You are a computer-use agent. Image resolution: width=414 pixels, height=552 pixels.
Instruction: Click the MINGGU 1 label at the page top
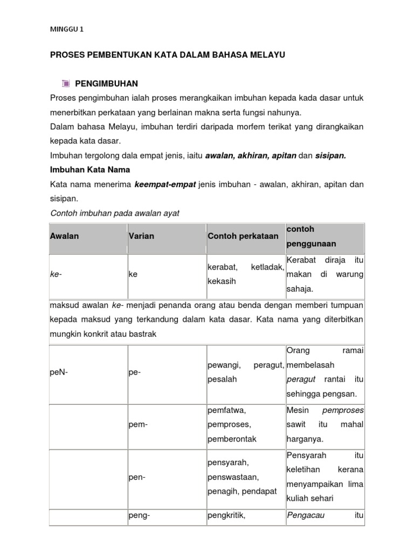(x=67, y=30)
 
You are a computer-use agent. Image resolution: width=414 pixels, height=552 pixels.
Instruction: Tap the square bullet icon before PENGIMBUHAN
(x=65, y=84)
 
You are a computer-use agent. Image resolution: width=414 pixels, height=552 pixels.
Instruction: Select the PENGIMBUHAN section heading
(x=107, y=84)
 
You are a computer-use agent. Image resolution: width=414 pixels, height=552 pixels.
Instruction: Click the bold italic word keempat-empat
(x=165, y=184)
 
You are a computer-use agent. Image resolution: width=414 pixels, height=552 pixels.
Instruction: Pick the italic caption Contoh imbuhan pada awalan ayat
(x=114, y=213)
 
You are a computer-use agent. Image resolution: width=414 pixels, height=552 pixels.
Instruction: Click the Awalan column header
(x=64, y=236)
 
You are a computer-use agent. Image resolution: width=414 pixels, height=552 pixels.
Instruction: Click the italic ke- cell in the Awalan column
(x=54, y=274)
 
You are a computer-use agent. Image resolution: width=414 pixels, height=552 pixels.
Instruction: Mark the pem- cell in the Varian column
(x=138, y=424)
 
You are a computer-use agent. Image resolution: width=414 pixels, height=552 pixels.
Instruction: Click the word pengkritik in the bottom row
(x=226, y=515)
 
